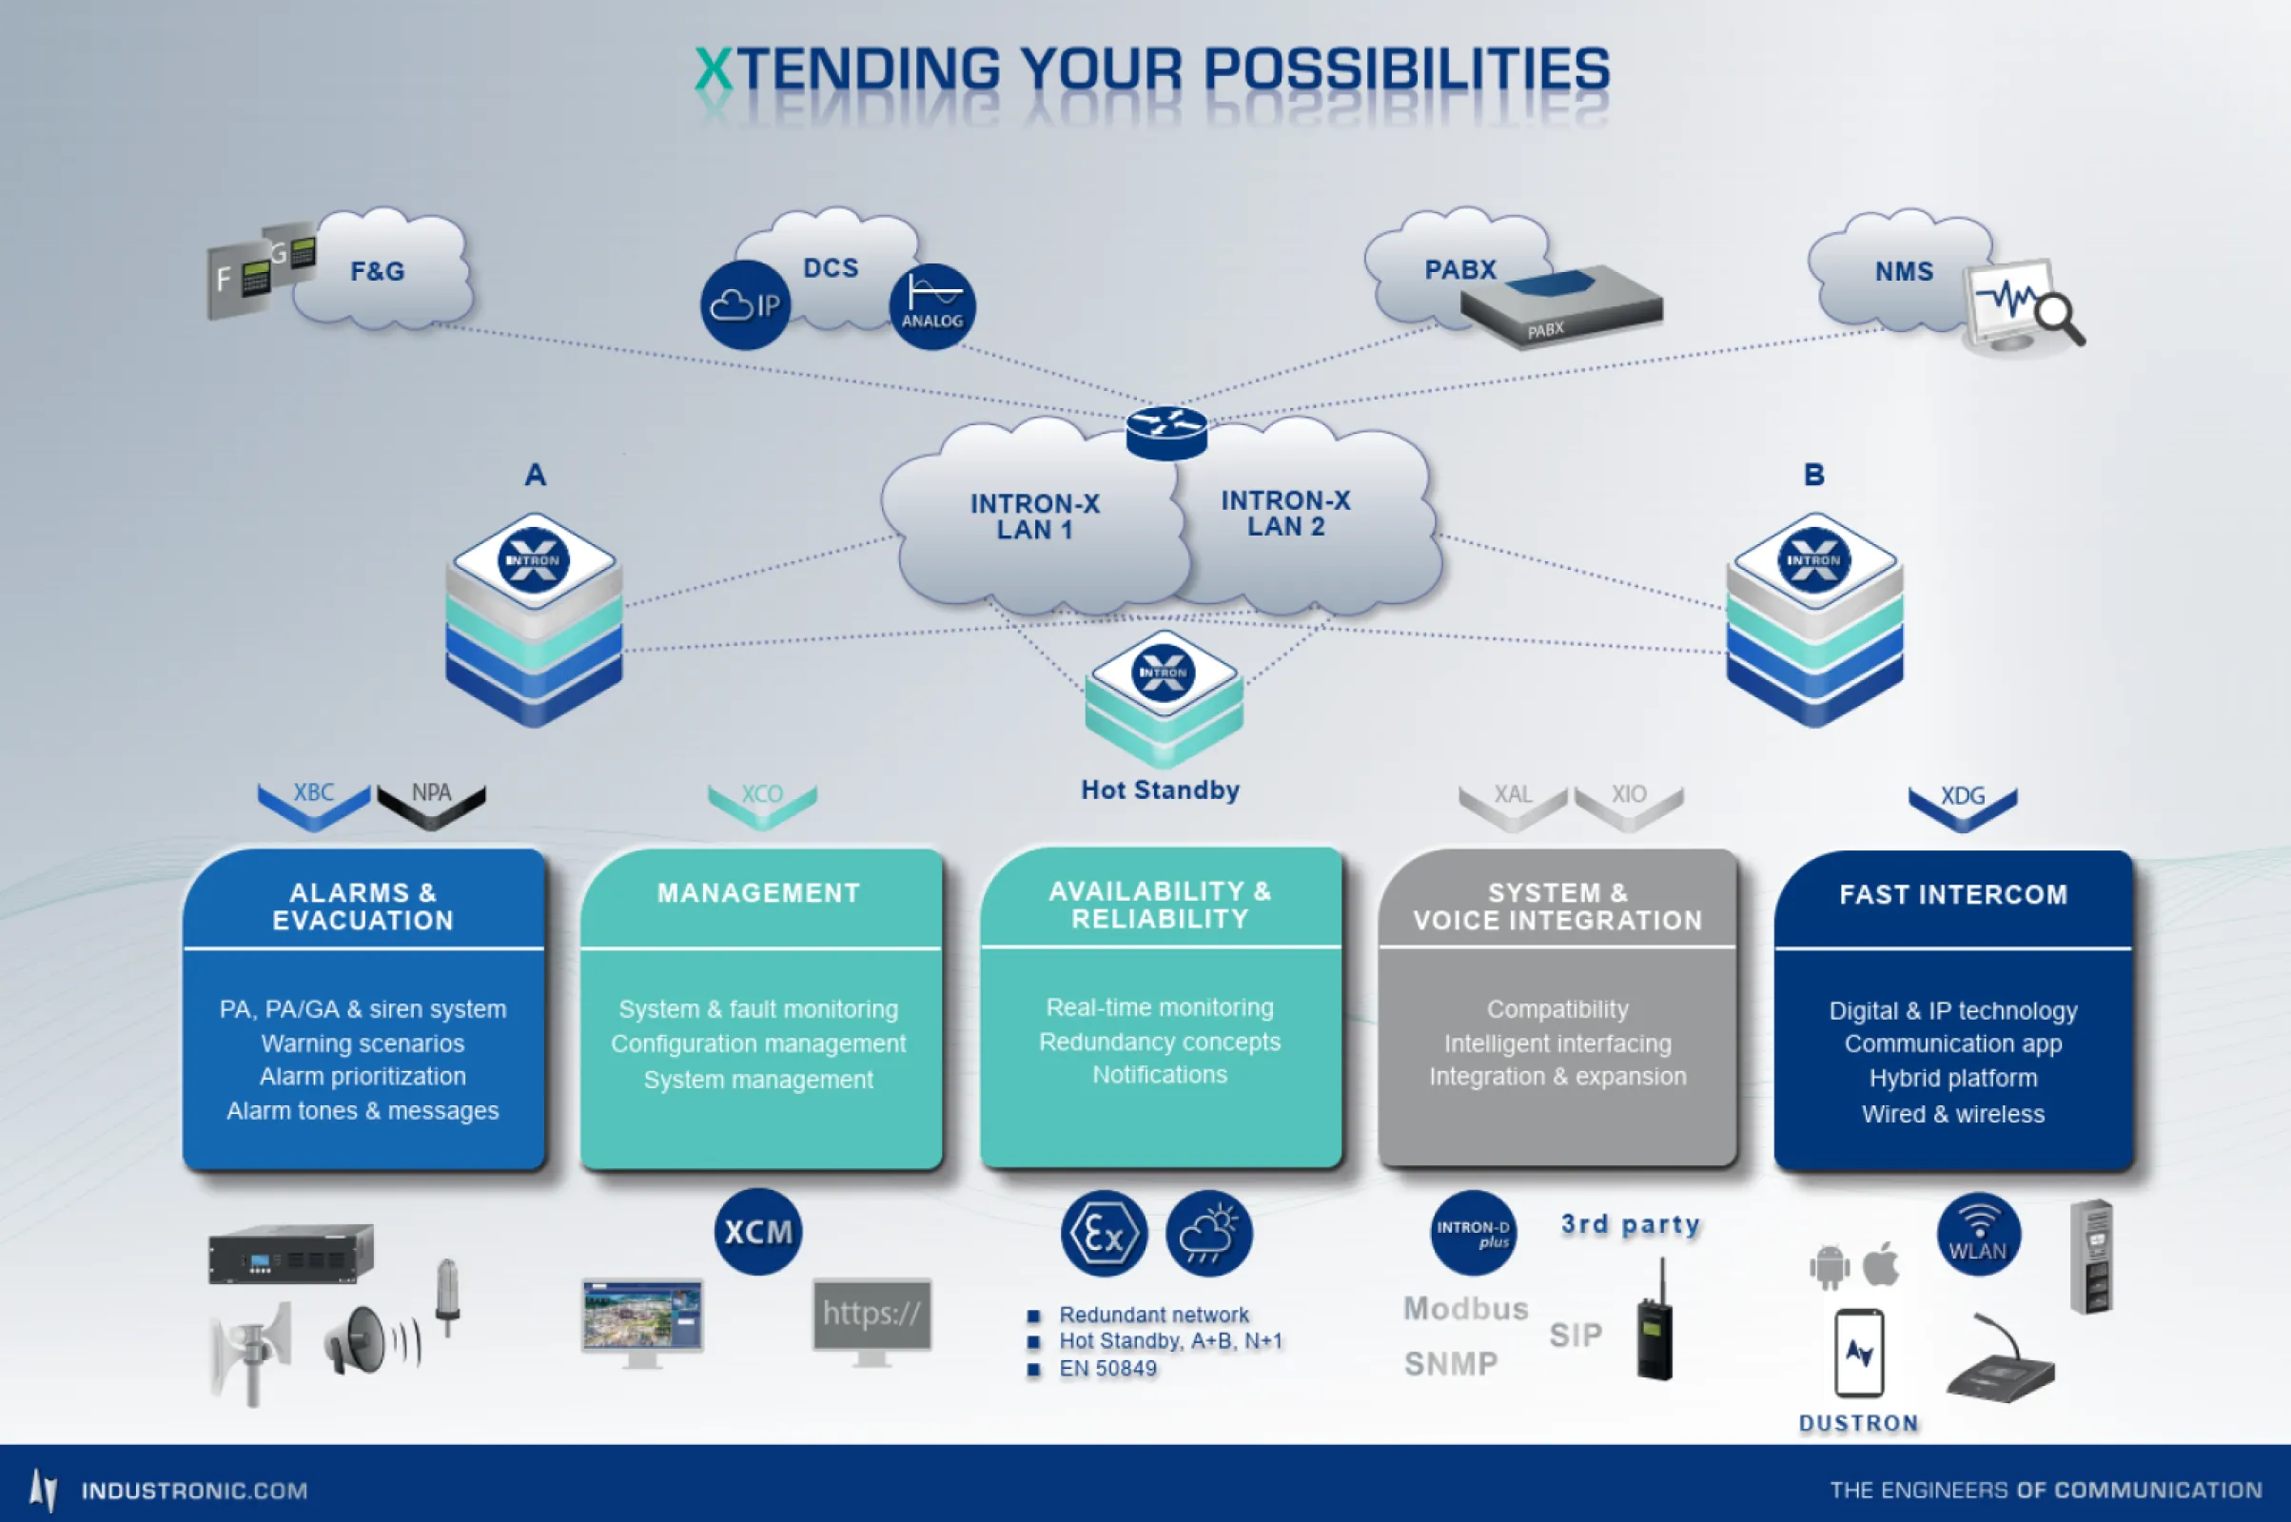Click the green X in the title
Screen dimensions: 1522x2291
pyautogui.click(x=715, y=69)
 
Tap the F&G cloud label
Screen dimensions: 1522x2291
pyautogui.click(x=378, y=271)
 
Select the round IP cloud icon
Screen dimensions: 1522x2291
pyautogui.click(x=746, y=304)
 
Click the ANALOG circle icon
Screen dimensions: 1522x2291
pyautogui.click(x=932, y=306)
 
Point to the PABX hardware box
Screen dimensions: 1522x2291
pyautogui.click(x=1561, y=306)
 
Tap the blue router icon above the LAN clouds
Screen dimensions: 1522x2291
pyautogui.click(x=1166, y=433)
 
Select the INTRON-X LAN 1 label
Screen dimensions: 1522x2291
pyautogui.click(x=1035, y=517)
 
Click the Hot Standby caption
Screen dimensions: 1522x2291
pyautogui.click(x=1160, y=790)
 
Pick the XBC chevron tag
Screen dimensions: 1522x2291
pyautogui.click(x=314, y=802)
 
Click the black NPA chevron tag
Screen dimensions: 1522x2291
pyautogui.click(x=431, y=802)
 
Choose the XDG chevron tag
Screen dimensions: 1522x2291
pyautogui.click(x=1962, y=804)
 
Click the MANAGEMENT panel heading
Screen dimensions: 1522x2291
pyautogui.click(x=758, y=893)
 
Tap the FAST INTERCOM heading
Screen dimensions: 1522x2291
pyautogui.click(x=1953, y=894)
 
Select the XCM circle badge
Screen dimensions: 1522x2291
pyautogui.click(x=758, y=1232)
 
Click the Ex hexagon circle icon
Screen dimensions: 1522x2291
pyautogui.click(x=1104, y=1234)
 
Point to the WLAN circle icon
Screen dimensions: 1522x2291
pyautogui.click(x=1978, y=1235)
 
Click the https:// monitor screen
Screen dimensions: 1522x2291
pyautogui.click(x=871, y=1315)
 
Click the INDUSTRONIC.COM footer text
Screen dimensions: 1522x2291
pyautogui.click(x=194, y=1491)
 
